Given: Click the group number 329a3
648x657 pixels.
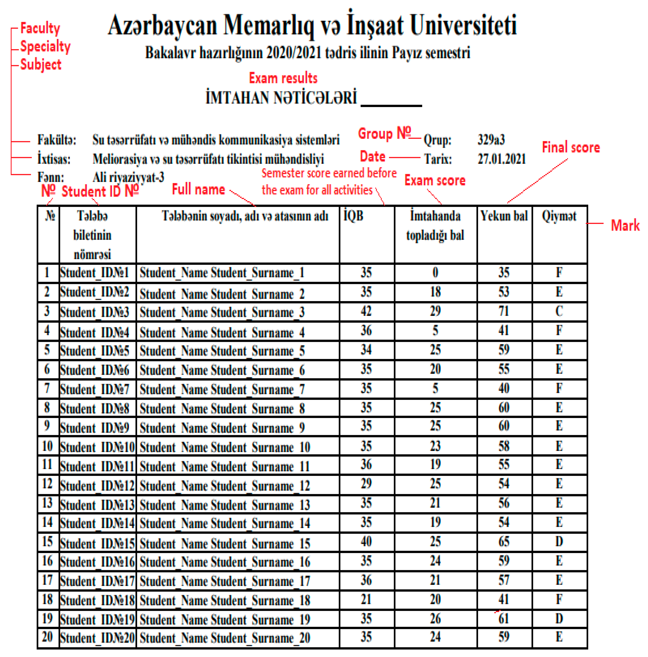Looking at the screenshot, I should pyautogui.click(x=491, y=140).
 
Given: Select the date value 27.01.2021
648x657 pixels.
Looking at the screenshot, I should pyautogui.click(x=501, y=159).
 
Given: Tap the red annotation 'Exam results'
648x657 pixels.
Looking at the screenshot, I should pyautogui.click(x=283, y=78).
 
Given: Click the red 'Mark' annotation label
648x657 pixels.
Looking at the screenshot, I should pyautogui.click(x=625, y=225).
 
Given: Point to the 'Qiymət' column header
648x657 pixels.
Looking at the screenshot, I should pyautogui.click(x=559, y=216).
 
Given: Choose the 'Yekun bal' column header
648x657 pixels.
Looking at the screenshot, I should pyautogui.click(x=504, y=216).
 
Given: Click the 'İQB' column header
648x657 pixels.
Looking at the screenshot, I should pyautogui.click(x=353, y=216).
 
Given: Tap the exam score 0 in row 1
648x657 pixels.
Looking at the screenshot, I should pyautogui.click(x=435, y=272).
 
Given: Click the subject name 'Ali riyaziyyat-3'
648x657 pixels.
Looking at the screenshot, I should pyautogui.click(x=128, y=177).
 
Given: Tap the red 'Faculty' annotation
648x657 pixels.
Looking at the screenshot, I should pyautogui.click(x=40, y=28).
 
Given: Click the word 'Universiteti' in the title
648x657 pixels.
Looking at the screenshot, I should pyautogui.click(x=463, y=25).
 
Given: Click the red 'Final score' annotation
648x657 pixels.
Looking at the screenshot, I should pyautogui.click(x=570, y=147).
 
